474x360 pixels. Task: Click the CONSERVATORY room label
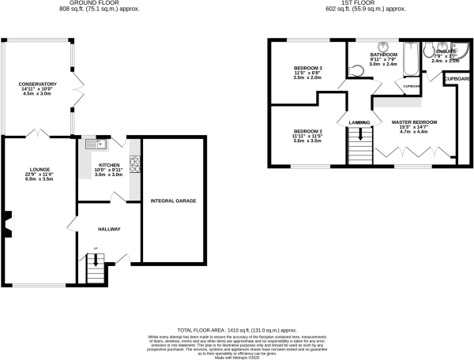(x=39, y=84)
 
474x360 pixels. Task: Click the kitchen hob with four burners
(x=134, y=166)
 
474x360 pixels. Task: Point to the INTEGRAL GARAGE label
(x=173, y=201)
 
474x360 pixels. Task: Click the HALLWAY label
(x=109, y=229)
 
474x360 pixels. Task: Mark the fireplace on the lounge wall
(x=6, y=223)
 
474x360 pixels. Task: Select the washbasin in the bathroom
(x=382, y=46)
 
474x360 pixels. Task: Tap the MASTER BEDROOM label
(x=414, y=122)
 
